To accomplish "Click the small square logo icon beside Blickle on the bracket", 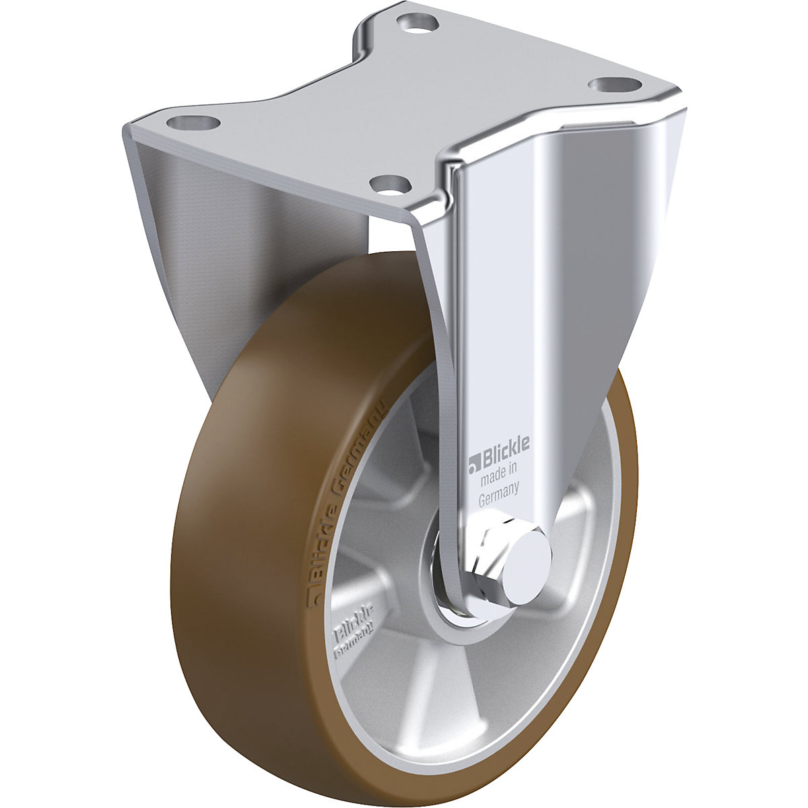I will (x=473, y=461).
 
